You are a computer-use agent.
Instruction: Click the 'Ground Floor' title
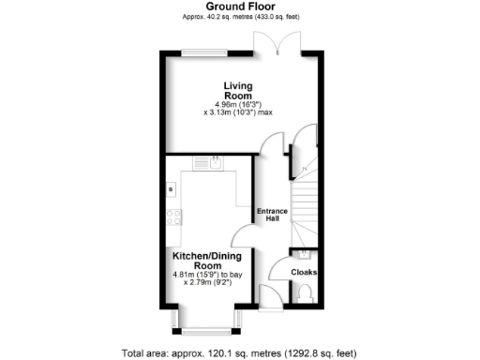(239, 7)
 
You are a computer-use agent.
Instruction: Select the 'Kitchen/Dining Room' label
(207, 260)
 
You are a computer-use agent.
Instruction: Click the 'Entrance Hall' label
(272, 215)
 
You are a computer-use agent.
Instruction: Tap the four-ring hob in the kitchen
(174, 218)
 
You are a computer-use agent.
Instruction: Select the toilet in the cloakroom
(302, 293)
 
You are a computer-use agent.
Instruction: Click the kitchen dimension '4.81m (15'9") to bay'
(207, 275)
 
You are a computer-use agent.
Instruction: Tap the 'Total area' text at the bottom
(239, 352)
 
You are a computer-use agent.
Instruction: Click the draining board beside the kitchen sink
(202, 162)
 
